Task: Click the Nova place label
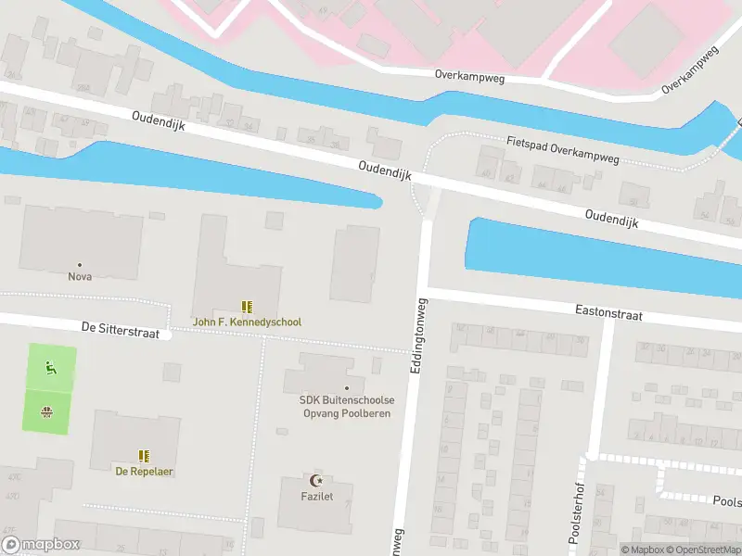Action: click(80, 276)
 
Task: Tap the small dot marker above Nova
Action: click(80, 264)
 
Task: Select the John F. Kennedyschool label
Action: click(247, 322)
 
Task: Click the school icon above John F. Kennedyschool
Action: click(247, 306)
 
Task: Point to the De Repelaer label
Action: click(144, 471)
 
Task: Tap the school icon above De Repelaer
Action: click(144, 456)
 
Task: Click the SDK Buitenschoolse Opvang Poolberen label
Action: click(347, 406)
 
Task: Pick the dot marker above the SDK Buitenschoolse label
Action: click(347, 388)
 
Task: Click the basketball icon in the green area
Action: click(46, 411)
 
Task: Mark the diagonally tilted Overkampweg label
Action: click(691, 70)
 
